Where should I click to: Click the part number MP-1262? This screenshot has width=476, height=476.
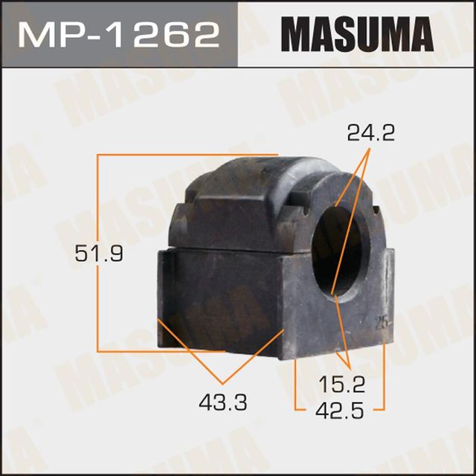coord(119,34)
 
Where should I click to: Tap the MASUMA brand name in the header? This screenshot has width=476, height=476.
coord(356,34)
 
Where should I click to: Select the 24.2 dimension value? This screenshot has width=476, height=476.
coord(370,134)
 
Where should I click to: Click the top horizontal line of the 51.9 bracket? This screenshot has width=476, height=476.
coord(186,155)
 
